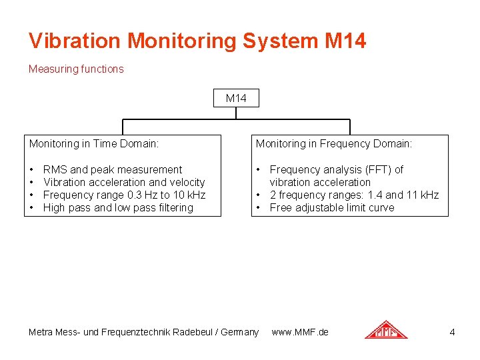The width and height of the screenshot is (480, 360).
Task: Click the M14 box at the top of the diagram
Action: [x=236, y=98]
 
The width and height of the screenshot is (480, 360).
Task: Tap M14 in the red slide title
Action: [x=345, y=41]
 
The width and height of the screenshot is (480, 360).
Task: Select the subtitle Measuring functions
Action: [x=76, y=69]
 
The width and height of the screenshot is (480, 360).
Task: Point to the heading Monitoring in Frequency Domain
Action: [x=334, y=143]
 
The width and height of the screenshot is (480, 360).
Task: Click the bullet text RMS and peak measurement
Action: [x=112, y=169]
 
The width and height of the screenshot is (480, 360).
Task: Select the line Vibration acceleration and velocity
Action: [x=123, y=182]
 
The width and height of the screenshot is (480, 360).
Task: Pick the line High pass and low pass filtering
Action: [x=118, y=207]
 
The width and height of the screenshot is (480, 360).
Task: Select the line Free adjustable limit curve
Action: [x=331, y=207]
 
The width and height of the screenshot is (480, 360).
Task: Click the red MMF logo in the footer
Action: [x=385, y=330]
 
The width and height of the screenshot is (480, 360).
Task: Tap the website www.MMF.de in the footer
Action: [x=300, y=331]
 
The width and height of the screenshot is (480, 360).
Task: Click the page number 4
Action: [x=452, y=331]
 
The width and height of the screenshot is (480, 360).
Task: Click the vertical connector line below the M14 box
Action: [x=236, y=113]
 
